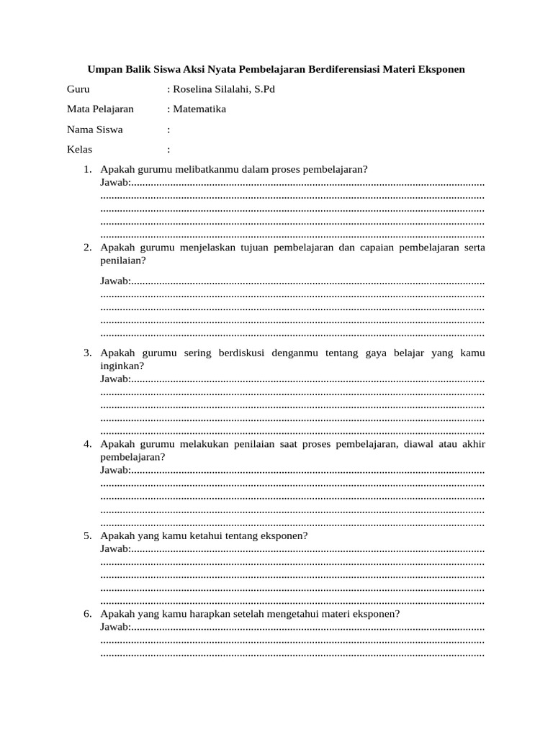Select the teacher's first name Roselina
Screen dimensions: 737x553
point(196,90)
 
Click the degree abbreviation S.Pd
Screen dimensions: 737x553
point(261,90)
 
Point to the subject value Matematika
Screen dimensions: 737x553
point(199,109)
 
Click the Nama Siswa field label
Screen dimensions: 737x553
point(94,130)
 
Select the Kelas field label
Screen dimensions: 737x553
point(79,150)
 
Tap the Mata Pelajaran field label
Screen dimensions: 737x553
point(100,109)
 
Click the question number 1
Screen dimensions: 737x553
point(86,169)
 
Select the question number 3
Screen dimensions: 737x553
point(86,353)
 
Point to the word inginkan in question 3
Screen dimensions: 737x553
point(122,366)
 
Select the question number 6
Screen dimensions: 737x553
point(86,614)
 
